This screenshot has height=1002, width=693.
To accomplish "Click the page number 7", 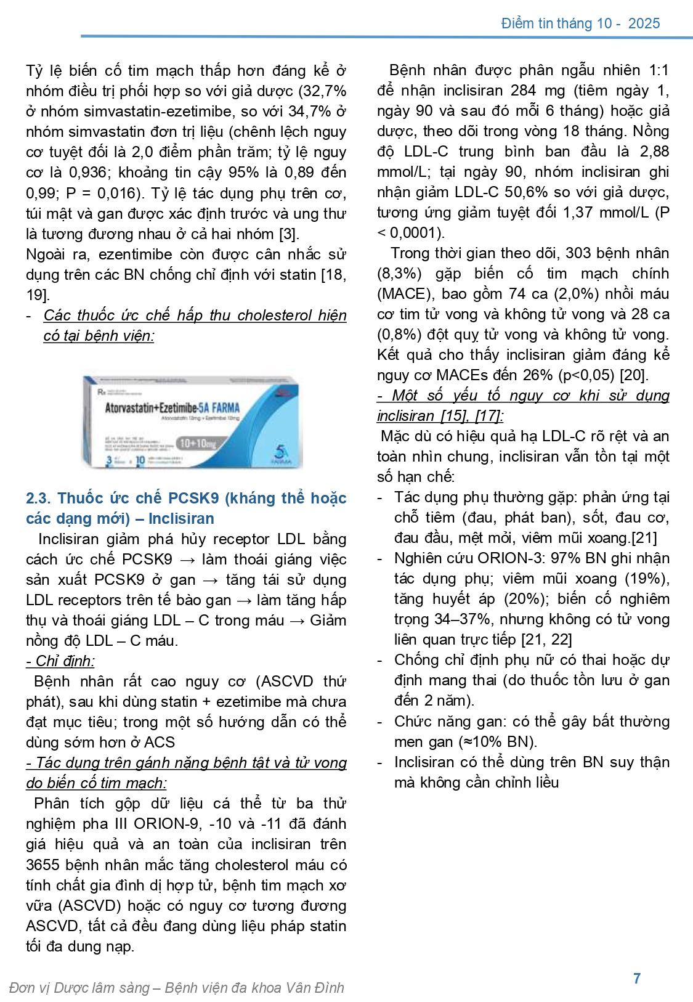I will [x=637, y=978].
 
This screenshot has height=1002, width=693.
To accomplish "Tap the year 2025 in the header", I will [x=644, y=23].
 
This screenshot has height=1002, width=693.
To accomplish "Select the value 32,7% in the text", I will [x=323, y=91].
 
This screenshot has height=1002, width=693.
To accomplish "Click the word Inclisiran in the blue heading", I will [x=181, y=518].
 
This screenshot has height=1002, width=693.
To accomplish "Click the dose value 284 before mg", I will [x=524, y=91].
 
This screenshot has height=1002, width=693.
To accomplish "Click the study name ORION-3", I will [x=509, y=558].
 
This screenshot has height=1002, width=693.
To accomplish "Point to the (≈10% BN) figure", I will [x=500, y=741].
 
